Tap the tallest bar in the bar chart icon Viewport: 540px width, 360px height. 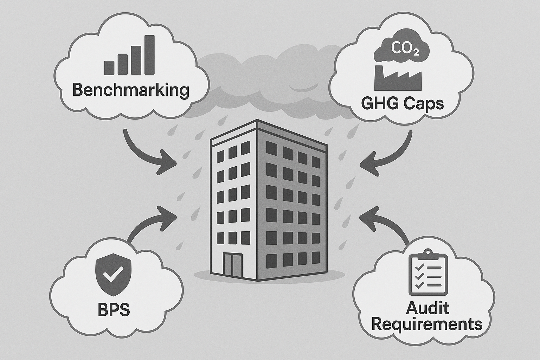pos(150,55)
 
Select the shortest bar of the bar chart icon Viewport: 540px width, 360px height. pos(109,67)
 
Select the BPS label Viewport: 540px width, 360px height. pos(113,310)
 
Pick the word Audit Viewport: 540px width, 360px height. pos(427,308)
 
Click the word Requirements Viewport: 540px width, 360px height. pos(427,324)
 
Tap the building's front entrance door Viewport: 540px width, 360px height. pos(232,264)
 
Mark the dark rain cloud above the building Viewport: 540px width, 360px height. pos(267,81)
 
